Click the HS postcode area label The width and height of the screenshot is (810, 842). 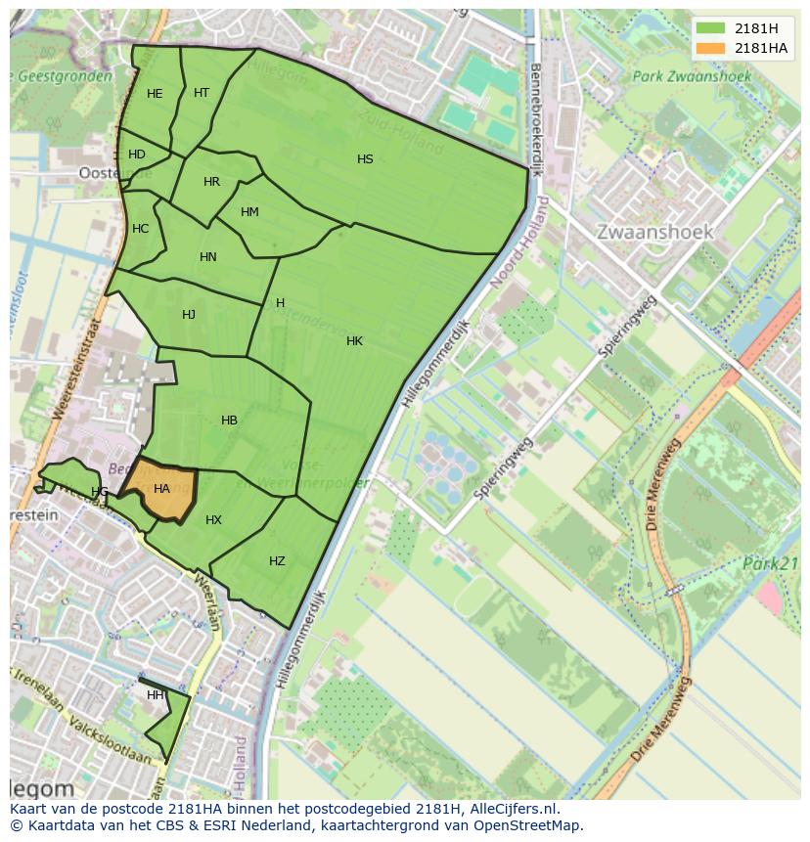tap(365, 159)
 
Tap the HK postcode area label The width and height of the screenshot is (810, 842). tap(354, 341)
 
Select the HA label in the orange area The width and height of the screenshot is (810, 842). tap(162, 488)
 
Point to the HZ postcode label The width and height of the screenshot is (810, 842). tap(277, 561)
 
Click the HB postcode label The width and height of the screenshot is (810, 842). tap(229, 421)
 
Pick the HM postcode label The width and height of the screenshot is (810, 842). tap(249, 212)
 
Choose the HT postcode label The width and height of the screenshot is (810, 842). tap(202, 93)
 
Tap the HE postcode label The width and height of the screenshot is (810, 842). tap(155, 94)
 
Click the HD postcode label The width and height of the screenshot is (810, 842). tap(137, 155)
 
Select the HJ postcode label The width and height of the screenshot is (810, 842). tap(189, 315)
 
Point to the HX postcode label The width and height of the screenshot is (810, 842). tap(214, 520)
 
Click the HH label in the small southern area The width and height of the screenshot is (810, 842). tap(156, 695)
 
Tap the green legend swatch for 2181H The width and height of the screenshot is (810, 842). tap(711, 27)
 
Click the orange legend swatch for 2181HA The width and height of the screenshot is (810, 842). tap(711, 48)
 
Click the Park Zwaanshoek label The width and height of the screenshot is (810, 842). tap(692, 76)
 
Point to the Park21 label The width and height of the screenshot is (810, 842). tap(771, 564)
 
